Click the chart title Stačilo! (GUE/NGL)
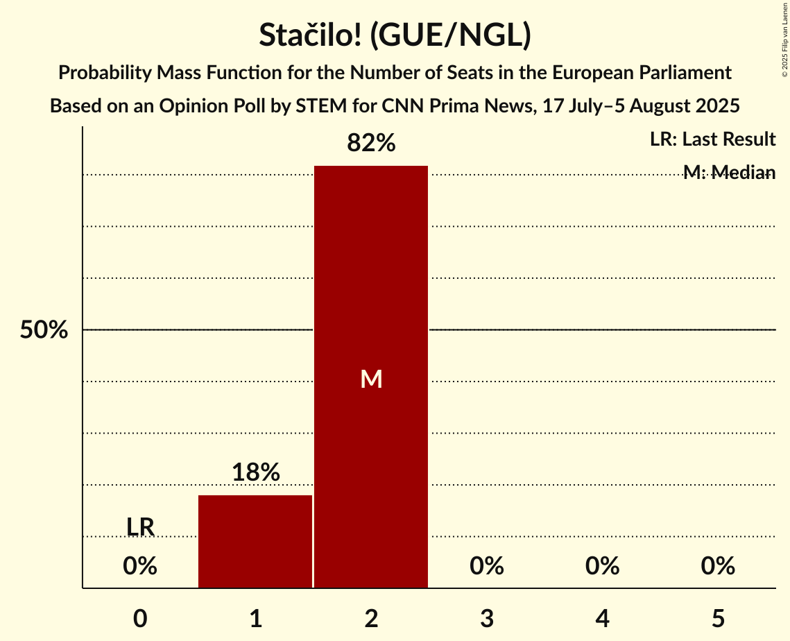click(x=395, y=36)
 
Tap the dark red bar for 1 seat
click(x=255, y=541)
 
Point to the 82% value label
click(x=371, y=144)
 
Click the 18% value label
click(x=255, y=472)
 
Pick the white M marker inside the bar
click(x=371, y=379)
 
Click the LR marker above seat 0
click(x=140, y=527)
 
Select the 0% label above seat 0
click(x=140, y=566)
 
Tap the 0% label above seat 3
click(x=486, y=566)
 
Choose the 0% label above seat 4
click(x=602, y=566)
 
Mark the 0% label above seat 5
click(x=717, y=566)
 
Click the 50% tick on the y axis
click(x=44, y=330)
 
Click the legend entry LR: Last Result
click(x=712, y=139)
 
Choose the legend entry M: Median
click(x=729, y=172)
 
